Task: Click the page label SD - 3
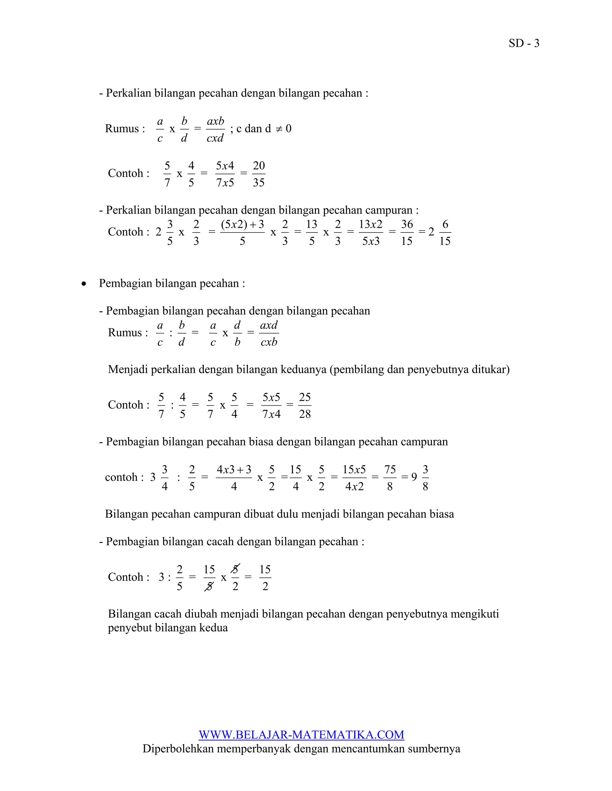click(x=524, y=44)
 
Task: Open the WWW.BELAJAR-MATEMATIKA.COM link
click(x=301, y=735)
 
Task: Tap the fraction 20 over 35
click(x=258, y=174)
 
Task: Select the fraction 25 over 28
click(x=305, y=405)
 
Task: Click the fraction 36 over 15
click(x=407, y=232)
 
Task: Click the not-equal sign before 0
click(x=279, y=129)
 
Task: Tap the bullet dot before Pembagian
click(x=84, y=284)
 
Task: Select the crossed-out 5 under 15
click(x=209, y=586)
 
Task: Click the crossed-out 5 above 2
click(x=235, y=569)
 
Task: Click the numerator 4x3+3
click(x=234, y=470)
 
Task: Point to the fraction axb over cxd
click(x=215, y=129)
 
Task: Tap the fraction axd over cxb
click(x=269, y=333)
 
